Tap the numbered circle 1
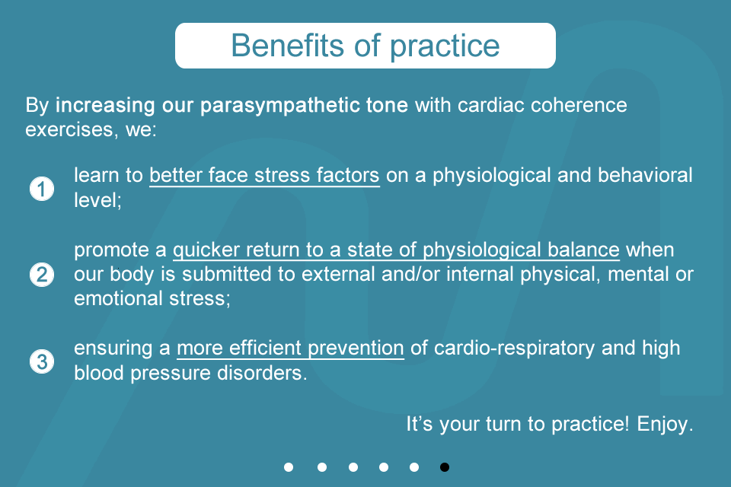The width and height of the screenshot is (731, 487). click(x=42, y=189)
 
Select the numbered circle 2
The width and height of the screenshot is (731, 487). click(x=42, y=275)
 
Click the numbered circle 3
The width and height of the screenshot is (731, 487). click(x=42, y=361)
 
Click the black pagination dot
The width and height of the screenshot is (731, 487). click(x=445, y=467)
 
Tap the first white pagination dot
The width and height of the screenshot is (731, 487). click(x=289, y=467)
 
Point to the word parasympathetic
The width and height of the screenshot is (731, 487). click(x=279, y=106)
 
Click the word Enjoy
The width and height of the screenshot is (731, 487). click(x=665, y=425)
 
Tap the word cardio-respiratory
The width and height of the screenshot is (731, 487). click(x=514, y=349)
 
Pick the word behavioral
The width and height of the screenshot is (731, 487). click(x=645, y=175)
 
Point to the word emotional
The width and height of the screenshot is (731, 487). click(x=119, y=298)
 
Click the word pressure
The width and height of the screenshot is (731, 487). click(x=171, y=374)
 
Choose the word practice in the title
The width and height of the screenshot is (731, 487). click(x=445, y=46)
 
